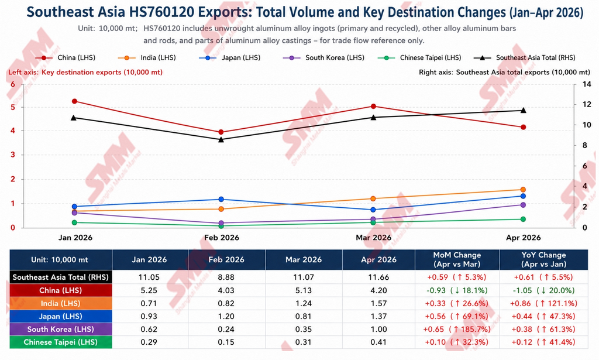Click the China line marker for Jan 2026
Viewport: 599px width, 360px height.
[74, 101]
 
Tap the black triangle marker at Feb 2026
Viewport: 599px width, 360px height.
[221, 139]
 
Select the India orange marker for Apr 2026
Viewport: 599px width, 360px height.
[524, 190]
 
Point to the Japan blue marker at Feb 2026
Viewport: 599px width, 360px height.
[221, 199]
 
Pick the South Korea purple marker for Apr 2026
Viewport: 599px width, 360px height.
[524, 205]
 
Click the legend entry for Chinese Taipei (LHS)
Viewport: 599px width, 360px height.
[419, 58]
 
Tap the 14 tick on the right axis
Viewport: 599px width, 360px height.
[586, 84]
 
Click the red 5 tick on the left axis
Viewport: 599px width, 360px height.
[13, 107]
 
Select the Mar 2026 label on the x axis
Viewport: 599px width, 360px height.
[373, 238]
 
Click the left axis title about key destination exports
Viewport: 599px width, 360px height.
[85, 72]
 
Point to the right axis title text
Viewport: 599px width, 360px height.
[504, 72]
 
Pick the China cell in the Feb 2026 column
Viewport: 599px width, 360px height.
[226, 290]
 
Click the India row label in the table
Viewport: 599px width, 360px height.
[61, 303]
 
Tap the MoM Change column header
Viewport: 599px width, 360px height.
[457, 259]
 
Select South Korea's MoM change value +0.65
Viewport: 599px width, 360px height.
[457, 330]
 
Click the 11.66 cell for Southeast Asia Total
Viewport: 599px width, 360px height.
[378, 277]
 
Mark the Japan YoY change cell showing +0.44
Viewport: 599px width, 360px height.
[543, 317]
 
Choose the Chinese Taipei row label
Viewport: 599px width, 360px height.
[61, 342]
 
